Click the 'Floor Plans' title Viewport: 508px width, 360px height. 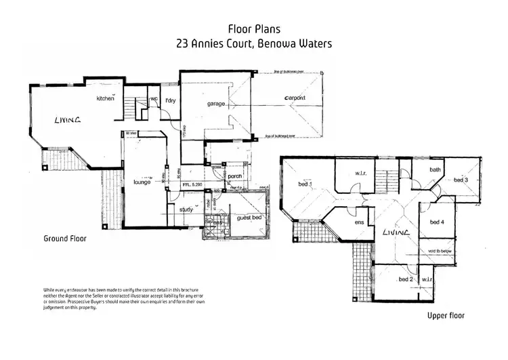(x=254, y=29)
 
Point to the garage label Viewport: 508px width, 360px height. (x=216, y=104)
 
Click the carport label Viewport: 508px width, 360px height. (x=291, y=98)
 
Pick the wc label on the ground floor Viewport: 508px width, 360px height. (x=154, y=99)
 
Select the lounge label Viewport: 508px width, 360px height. (x=142, y=182)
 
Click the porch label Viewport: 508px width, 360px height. (x=234, y=177)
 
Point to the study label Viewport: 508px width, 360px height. (x=186, y=209)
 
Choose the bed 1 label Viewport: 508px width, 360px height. (x=305, y=184)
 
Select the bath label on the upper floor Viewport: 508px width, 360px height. (x=435, y=169)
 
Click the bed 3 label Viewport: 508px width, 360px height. (x=461, y=180)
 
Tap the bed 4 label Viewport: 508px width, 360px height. (x=437, y=222)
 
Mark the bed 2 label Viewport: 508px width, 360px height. (x=406, y=279)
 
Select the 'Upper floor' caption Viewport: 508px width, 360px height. (x=445, y=316)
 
